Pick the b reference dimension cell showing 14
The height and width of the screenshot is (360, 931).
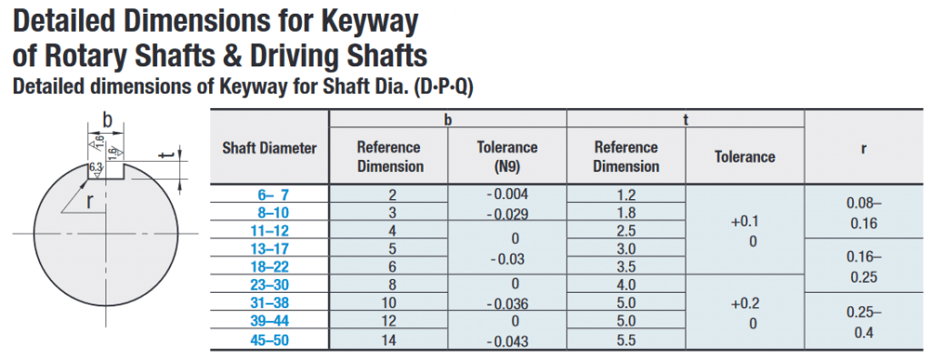388,340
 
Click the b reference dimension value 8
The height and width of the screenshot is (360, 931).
388,285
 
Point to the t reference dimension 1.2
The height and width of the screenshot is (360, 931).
626,195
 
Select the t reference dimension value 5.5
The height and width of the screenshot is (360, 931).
626,340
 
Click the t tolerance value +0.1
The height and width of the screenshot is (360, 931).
745,222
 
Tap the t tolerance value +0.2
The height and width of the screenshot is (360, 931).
745,304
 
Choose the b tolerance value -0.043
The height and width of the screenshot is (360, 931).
507,342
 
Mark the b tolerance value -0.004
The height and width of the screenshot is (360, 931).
507,194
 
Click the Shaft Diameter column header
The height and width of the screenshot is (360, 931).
269,148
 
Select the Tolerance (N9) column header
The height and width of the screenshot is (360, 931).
507,157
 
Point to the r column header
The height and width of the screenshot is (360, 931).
864,148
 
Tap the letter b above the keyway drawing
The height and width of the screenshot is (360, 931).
107,120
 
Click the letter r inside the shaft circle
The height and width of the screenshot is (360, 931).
90,202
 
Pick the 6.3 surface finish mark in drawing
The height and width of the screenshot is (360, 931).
95,168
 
